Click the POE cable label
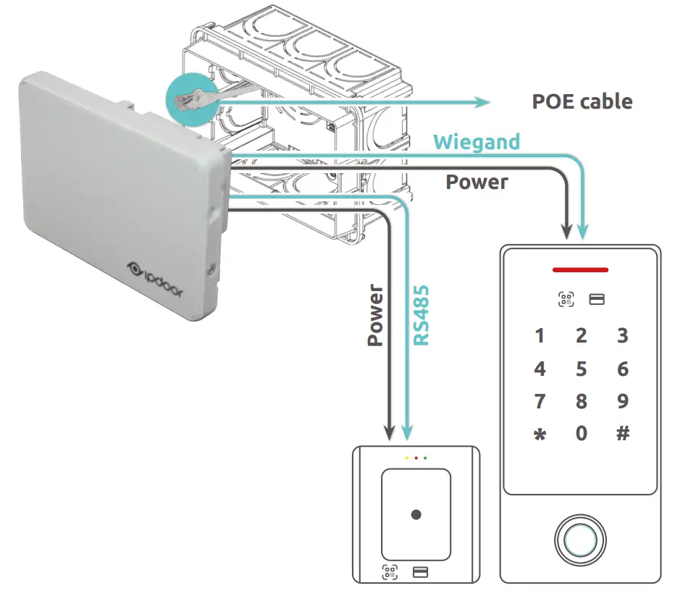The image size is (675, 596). click(582, 101)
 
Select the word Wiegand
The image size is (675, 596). click(477, 141)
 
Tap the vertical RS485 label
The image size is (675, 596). click(421, 315)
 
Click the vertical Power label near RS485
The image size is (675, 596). click(375, 316)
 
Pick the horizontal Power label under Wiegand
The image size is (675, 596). click(477, 182)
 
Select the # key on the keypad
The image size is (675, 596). click(622, 433)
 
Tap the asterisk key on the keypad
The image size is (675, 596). click(540, 436)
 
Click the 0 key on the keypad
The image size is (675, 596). click(581, 433)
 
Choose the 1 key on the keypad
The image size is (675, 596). click(540, 336)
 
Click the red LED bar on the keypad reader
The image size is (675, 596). click(580, 270)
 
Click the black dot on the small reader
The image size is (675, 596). click(416, 515)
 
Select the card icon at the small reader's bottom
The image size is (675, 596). click(420, 572)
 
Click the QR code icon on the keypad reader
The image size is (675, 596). click(566, 299)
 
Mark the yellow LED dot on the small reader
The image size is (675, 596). click(407, 458)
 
